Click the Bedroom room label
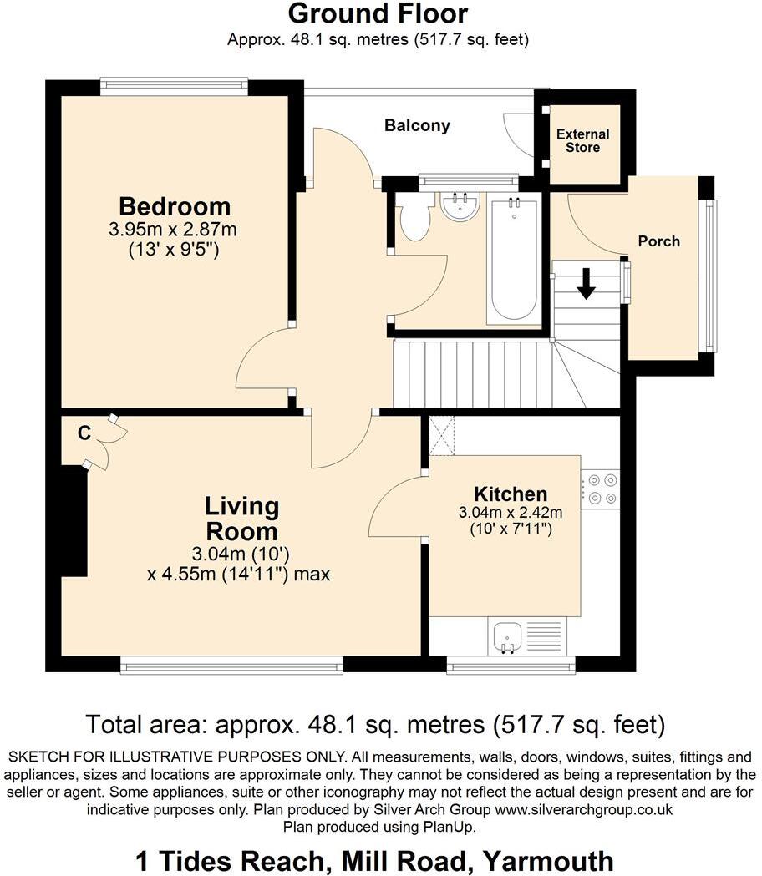pos(175,206)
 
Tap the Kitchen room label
pos(511,494)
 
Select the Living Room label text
pos(242,519)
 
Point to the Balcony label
pos(417,126)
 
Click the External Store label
pos(582,140)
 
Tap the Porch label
pos(658,241)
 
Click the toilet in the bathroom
pos(414,219)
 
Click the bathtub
pos(513,260)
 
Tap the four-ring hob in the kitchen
pos(600,489)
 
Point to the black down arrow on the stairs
pos(586,284)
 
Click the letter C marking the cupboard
pos(84,433)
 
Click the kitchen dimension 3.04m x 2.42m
pos(510,512)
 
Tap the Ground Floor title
pos(378,14)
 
